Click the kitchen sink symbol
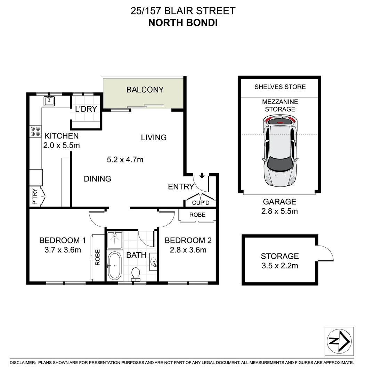49,101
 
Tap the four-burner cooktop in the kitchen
35,131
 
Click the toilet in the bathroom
136,274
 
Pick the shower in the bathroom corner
114,240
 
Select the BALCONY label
145,90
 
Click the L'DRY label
86,109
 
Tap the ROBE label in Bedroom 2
197,215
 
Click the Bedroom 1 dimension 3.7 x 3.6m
63,249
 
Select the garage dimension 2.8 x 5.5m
280,211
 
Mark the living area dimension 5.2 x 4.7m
125,160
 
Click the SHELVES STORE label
280,87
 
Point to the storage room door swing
326,253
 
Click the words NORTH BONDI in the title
183,23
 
